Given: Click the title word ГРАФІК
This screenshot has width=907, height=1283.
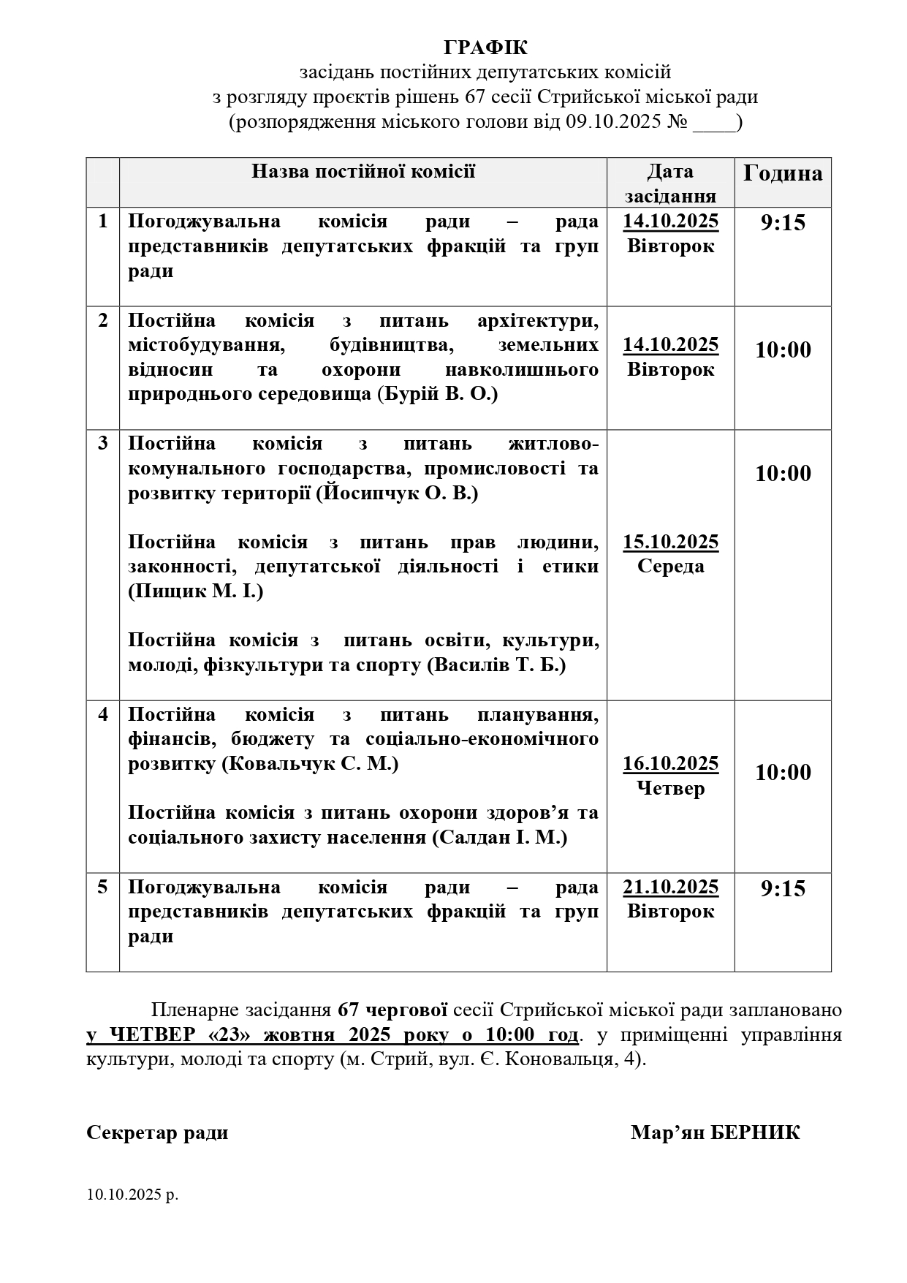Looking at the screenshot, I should coord(485,48).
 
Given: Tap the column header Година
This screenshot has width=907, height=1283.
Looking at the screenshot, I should coord(783,173).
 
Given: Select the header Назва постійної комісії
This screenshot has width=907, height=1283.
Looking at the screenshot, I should coord(363,171).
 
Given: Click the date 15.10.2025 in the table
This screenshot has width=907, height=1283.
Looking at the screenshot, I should coord(670,542).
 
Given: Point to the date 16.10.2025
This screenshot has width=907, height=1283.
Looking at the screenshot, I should coord(670,764).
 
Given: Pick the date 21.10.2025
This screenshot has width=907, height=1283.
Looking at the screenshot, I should coord(670,887).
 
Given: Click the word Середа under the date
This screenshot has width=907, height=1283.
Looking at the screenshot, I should coord(670,566).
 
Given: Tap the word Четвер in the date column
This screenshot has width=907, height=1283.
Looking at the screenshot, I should coord(670,788).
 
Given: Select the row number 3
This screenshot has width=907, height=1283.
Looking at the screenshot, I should coord(103,443).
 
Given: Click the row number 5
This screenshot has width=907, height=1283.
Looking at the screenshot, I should coord(103,887).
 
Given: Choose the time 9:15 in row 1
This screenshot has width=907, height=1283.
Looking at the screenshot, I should coord(783,223).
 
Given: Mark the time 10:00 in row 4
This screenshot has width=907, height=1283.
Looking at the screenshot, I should coord(783,773).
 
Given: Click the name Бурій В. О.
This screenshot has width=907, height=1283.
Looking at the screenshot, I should coord(437,394).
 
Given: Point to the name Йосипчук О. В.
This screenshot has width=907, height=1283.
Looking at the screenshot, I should coord(397,493).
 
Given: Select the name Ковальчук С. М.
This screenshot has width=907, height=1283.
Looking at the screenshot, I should coord(310,764).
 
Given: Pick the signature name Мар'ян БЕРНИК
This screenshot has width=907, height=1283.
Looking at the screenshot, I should coord(716,1132).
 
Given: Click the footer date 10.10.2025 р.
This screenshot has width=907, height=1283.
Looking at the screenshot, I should coord(132,1195).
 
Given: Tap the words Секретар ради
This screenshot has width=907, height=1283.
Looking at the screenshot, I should coord(157,1132).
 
